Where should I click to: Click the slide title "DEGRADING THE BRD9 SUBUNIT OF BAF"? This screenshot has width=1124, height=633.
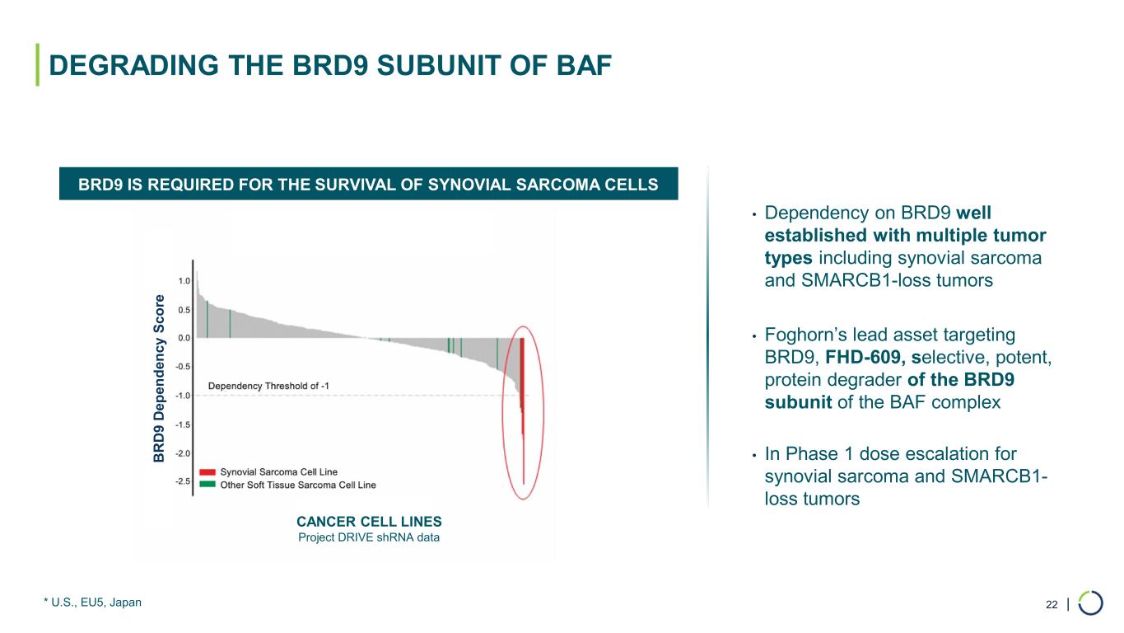tap(330, 66)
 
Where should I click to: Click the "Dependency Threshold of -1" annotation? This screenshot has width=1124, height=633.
tap(268, 386)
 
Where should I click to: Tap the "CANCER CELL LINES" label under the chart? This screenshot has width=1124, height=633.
tap(369, 522)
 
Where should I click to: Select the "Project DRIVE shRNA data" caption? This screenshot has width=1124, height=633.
tap(369, 538)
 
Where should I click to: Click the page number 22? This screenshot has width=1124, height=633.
tap(1051, 606)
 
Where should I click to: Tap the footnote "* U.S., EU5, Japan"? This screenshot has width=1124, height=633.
tap(92, 603)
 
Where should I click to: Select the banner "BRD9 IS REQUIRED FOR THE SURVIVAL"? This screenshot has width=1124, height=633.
tap(368, 184)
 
